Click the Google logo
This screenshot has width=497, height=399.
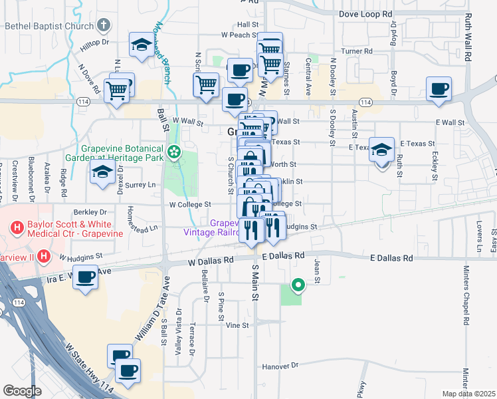(22, 391)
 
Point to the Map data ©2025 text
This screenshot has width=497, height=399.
(468, 394)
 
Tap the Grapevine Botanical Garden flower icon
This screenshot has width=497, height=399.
(174, 152)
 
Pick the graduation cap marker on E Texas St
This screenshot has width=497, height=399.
(382, 149)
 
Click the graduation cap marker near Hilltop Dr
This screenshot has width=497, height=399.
(141, 44)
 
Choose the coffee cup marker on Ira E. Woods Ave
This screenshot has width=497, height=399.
(85, 277)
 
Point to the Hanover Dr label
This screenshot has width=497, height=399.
(280, 366)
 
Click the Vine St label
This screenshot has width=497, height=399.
(237, 326)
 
